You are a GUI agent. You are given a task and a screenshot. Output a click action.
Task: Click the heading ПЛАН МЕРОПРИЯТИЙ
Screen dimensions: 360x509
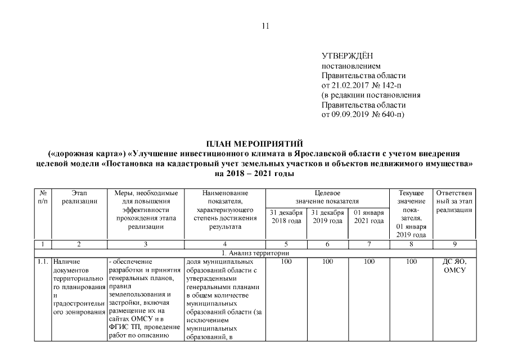point(255,144)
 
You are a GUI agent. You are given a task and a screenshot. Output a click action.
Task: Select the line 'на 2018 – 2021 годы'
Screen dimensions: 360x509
point(255,174)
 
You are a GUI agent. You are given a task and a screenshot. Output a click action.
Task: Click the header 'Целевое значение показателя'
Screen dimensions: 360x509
point(327,197)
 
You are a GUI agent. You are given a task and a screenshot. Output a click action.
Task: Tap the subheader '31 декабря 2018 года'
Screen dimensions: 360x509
point(286,217)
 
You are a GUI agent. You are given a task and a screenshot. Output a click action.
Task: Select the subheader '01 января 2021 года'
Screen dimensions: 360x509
point(369,217)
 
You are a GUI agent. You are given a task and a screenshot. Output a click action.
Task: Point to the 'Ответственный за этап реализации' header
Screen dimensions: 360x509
point(455,201)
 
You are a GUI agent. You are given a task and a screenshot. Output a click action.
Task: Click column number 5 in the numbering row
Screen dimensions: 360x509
point(286,244)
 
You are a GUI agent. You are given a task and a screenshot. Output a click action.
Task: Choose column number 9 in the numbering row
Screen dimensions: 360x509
point(455,244)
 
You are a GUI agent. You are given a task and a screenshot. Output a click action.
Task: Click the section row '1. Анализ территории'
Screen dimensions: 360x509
point(255,253)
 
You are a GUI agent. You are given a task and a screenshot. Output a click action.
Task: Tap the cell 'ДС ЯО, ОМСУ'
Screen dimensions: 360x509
point(455,265)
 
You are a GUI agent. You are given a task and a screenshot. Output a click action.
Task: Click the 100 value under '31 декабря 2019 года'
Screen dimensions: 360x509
point(327,262)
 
